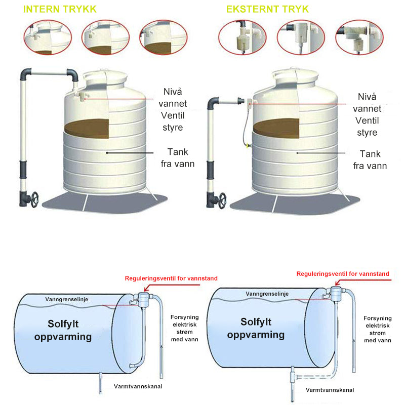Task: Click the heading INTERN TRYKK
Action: pyautogui.click(x=60, y=10)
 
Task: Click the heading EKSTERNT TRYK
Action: pyautogui.click(x=267, y=10)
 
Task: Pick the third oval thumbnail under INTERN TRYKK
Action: pyautogui.click(x=162, y=38)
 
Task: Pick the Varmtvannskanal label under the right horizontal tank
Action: pyautogui.click(x=329, y=390)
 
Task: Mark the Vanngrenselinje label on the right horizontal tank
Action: pyautogui.click(x=267, y=294)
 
